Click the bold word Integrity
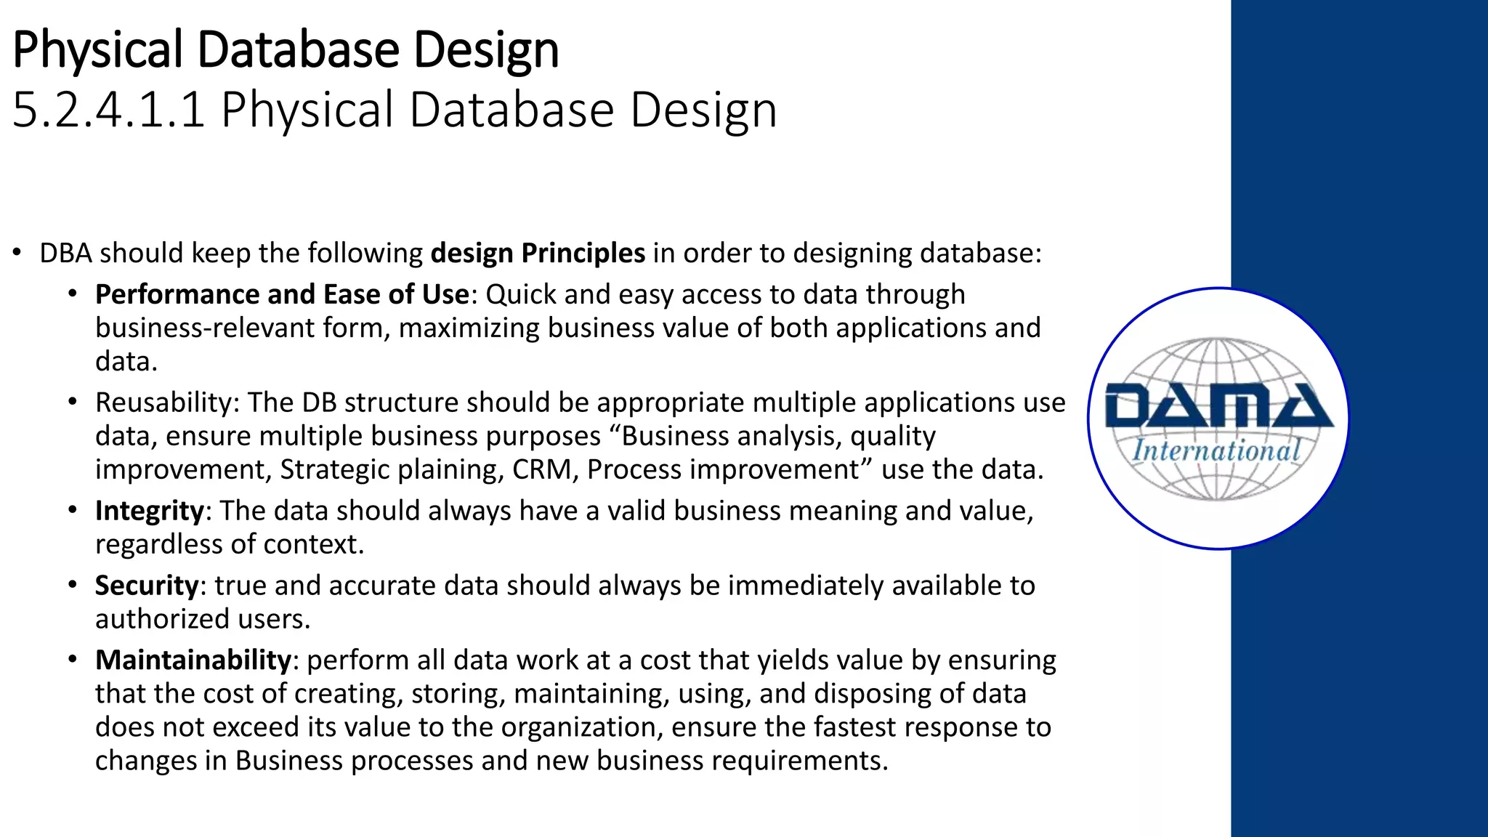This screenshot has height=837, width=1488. pos(149,511)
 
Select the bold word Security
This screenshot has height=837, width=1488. pos(146,586)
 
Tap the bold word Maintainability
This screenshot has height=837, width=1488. pos(193,660)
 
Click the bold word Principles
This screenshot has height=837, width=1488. pos(583,254)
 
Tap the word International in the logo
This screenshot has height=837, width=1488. pos(1216,450)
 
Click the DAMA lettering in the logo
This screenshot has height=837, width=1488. pos(1218,407)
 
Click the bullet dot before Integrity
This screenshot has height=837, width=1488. pos(72,510)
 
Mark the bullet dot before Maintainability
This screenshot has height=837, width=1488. pos(72,660)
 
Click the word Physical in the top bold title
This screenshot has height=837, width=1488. pos(97,49)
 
